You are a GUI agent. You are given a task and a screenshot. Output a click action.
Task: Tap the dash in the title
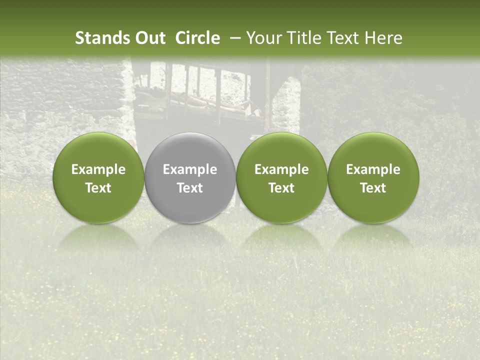pyautogui.click(x=235, y=38)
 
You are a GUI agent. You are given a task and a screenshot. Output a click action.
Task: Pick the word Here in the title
pyautogui.click(x=385, y=38)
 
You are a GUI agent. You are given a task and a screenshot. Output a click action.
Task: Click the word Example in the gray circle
pyautogui.click(x=190, y=169)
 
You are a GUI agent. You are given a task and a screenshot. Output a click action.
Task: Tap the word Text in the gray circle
pyautogui.click(x=190, y=188)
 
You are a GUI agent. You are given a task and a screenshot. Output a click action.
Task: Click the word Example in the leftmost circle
pyautogui.click(x=98, y=169)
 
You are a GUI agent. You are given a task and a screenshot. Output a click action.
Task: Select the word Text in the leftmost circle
pyautogui.click(x=98, y=188)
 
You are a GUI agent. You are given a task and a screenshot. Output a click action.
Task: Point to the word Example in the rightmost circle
pyautogui.click(x=373, y=169)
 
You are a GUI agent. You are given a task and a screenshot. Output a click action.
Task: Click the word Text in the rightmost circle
pyautogui.click(x=373, y=188)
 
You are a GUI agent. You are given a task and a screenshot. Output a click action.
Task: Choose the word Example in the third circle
pyautogui.click(x=281, y=169)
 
